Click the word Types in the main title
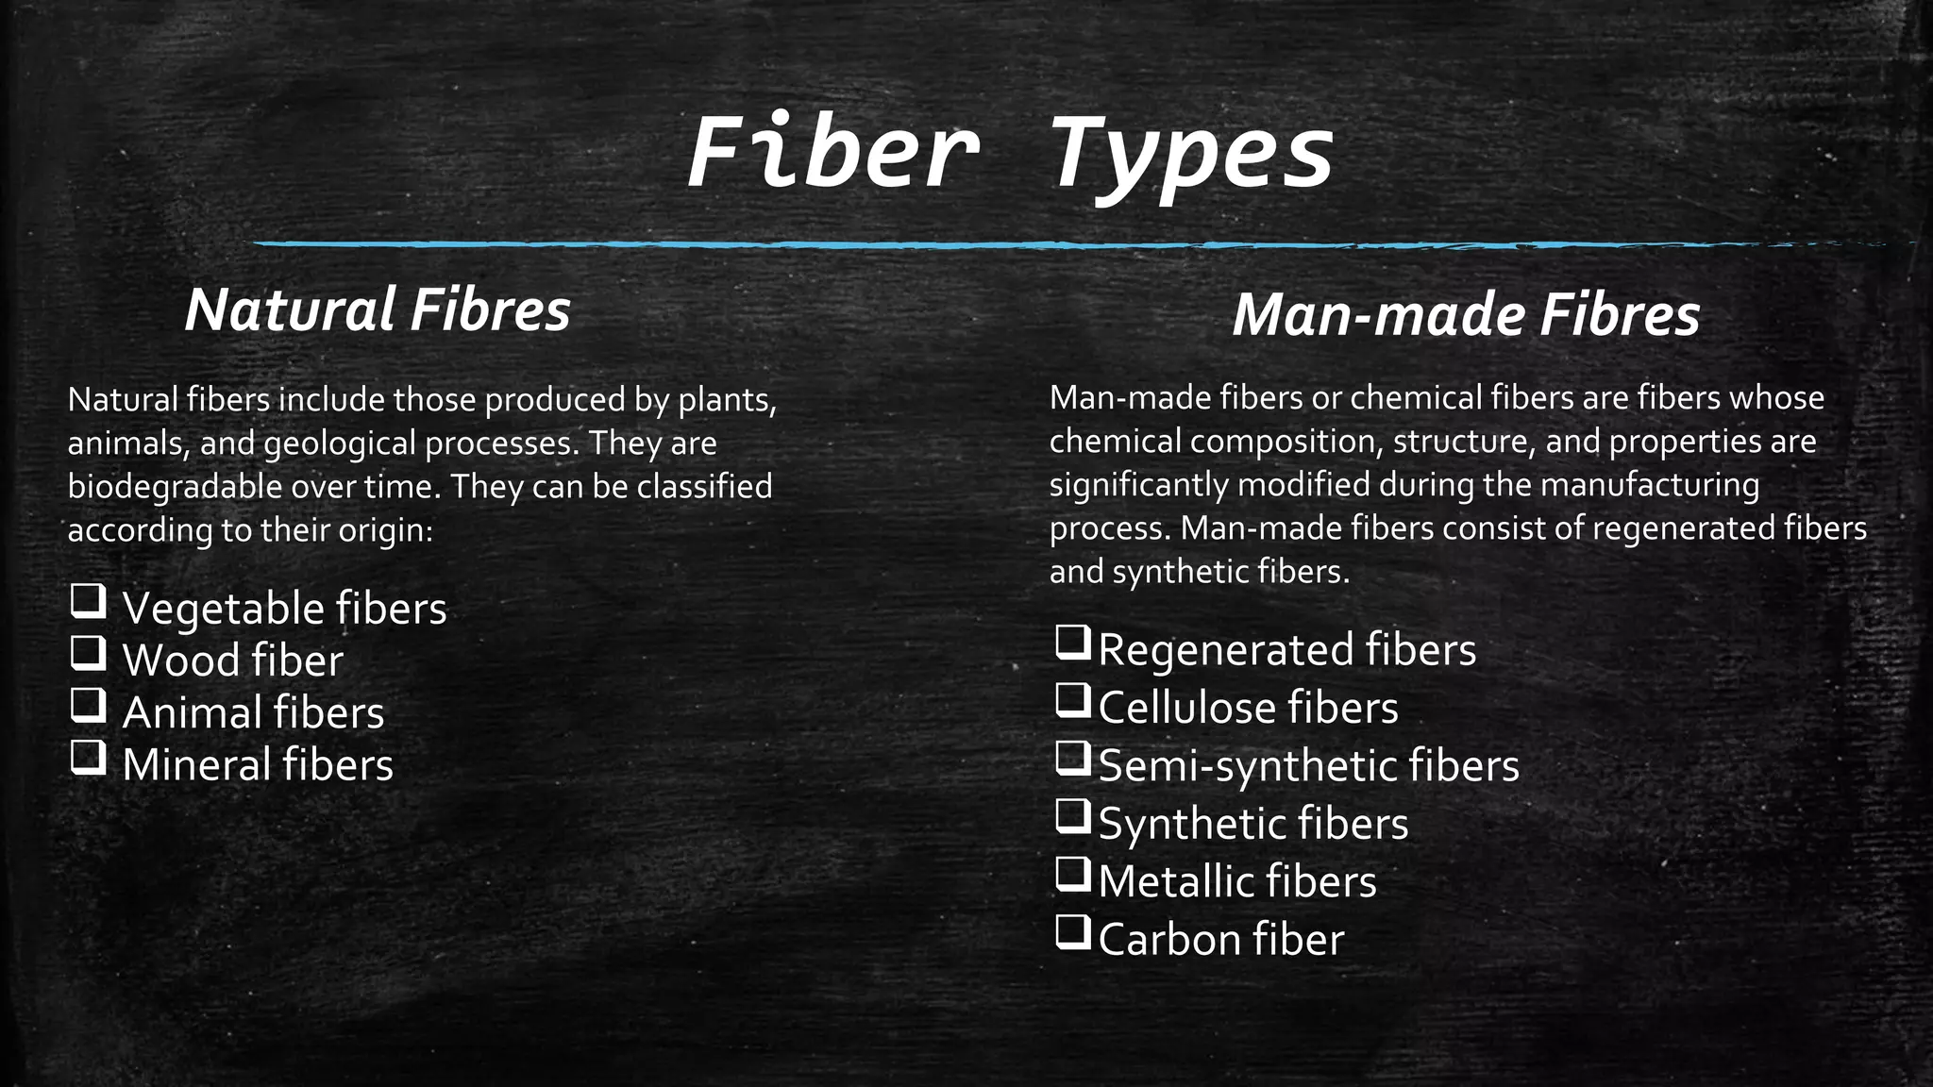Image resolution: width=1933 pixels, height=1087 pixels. coord(1191,156)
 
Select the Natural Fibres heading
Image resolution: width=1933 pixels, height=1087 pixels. coord(378,309)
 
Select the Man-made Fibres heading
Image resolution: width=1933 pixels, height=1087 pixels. coord(1466,315)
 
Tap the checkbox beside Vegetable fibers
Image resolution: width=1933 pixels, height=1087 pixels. coord(88,601)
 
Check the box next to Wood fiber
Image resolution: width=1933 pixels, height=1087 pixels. coord(88,653)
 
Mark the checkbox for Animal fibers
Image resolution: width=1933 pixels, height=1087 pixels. coord(88,705)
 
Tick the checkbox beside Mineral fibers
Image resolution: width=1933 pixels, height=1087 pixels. coord(88,758)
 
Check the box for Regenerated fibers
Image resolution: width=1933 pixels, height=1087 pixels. coord(1072,643)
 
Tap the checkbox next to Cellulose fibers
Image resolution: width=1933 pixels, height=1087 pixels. coord(1072,700)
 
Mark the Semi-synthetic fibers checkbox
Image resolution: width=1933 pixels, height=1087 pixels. coord(1072,759)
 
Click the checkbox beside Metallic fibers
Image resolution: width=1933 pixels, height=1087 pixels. coord(1072,875)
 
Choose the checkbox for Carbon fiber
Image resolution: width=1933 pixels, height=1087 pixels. coord(1072,932)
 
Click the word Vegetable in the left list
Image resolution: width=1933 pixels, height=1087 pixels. coord(223,609)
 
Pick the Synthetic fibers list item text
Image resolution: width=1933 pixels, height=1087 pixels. coord(1253,824)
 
